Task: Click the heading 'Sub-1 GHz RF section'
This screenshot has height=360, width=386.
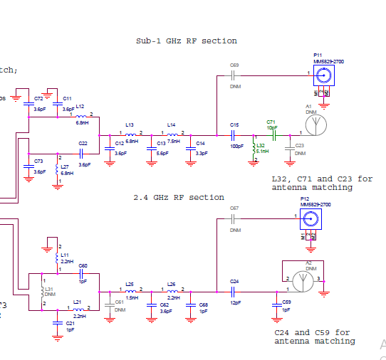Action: (186, 41)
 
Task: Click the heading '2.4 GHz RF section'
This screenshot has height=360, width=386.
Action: (178, 197)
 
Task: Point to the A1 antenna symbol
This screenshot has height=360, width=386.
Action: (315, 124)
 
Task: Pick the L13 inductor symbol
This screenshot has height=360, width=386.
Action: (130, 134)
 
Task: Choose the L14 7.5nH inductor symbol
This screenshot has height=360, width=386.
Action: (173, 134)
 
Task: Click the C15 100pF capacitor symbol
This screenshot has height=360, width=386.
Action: (234, 134)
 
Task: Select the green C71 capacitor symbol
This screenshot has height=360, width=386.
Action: (271, 134)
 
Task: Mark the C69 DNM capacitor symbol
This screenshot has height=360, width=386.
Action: (234, 75)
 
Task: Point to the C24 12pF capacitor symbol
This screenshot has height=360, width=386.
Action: (234, 291)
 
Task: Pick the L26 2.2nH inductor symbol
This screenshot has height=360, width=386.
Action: (173, 290)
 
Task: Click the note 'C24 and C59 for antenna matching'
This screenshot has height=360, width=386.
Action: (314, 337)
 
